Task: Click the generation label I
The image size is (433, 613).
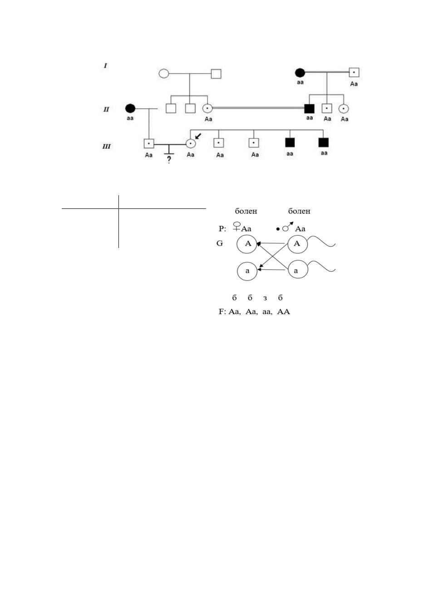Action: point(105,66)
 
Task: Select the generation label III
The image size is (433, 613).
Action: point(106,146)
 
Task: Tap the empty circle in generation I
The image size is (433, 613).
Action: point(163,74)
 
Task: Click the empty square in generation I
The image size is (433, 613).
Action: point(216,74)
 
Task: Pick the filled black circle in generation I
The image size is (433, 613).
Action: point(300,73)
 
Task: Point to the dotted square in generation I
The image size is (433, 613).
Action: point(354,72)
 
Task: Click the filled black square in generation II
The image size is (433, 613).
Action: point(309,109)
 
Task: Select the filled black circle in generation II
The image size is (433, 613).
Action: point(130,109)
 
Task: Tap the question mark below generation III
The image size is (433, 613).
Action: point(169,159)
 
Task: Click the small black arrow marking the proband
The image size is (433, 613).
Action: point(198,136)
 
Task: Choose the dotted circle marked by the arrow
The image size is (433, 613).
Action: point(191,143)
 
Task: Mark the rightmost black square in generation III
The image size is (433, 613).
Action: point(323,142)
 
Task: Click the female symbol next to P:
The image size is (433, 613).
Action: point(236,227)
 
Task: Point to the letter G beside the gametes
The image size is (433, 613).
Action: point(220,243)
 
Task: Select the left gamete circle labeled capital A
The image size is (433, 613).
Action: point(247,243)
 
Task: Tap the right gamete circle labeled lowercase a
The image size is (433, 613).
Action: point(298,270)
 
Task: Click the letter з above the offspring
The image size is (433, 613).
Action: point(265,298)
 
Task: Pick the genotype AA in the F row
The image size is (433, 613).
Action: point(283,311)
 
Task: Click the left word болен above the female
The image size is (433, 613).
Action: point(246,211)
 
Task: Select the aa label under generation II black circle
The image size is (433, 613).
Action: point(130,119)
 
